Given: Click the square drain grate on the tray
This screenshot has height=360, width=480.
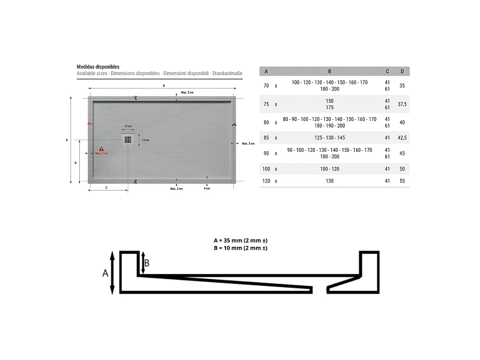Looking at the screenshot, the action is tap(128, 140).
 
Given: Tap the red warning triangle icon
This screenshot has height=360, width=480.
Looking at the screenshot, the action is tap(101, 149).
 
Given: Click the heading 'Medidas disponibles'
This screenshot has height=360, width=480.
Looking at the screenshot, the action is tap(98, 67).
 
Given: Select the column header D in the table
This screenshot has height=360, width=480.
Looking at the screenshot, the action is tap(402, 71).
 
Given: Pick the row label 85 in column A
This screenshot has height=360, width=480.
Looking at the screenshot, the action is tap(266, 138).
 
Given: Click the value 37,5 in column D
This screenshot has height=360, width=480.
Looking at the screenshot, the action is tap(402, 104).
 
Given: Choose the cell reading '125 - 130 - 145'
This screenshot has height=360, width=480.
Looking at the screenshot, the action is tap(330, 138).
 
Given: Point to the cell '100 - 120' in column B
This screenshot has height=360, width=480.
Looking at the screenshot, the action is tap(330, 169).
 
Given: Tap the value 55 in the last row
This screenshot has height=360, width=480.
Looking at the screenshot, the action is tap(402, 181).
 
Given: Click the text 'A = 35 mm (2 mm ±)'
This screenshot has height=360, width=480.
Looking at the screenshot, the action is tap(241, 241).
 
